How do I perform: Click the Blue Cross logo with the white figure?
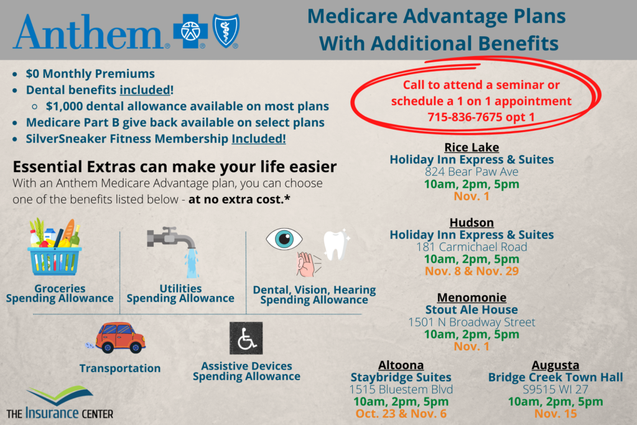click(190, 31)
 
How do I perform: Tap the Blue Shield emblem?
click(226, 31)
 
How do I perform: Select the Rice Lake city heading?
click(472, 147)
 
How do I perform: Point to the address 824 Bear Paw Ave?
click(472, 172)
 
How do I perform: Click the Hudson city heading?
click(472, 222)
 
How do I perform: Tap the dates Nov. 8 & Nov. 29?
click(472, 271)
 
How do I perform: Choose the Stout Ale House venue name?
click(472, 310)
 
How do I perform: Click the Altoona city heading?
click(401, 365)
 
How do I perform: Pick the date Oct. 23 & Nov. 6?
click(401, 414)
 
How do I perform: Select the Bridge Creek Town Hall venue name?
click(556, 378)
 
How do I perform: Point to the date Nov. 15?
click(556, 414)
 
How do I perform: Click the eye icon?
click(284, 239)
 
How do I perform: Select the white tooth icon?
click(335, 245)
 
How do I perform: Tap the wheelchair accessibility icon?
click(246, 338)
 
